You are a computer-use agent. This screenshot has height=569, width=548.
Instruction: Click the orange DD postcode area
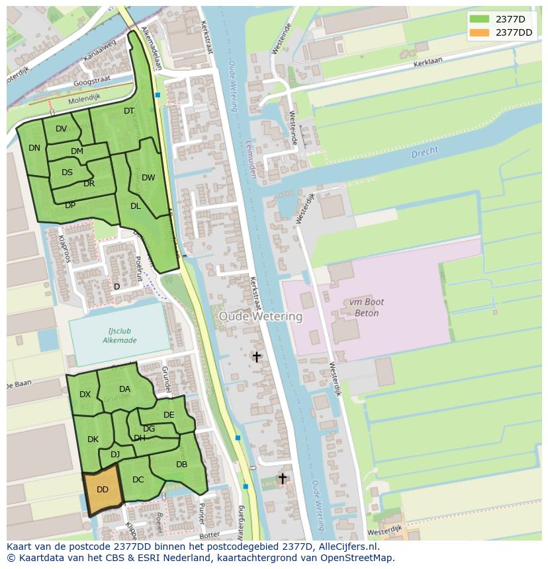tap(103, 490)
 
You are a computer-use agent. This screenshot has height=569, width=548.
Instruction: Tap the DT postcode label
tap(129, 111)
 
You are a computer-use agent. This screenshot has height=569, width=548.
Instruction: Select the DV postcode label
tap(61, 129)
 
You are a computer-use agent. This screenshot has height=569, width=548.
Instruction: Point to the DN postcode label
tap(34, 148)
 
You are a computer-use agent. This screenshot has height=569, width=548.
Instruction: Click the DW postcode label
tap(148, 178)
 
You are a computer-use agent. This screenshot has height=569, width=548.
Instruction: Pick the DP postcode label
tap(70, 206)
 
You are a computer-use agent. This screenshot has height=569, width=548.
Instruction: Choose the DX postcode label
tap(85, 395)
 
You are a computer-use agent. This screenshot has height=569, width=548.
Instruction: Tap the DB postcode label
tap(181, 465)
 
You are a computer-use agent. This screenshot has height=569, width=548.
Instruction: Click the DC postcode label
tap(138, 480)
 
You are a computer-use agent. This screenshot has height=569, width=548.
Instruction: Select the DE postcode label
tap(169, 415)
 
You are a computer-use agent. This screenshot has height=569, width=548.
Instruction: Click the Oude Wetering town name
tap(260, 317)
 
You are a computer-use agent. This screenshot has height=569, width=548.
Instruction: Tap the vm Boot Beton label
tap(363, 307)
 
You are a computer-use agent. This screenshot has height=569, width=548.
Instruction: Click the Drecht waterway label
tap(424, 153)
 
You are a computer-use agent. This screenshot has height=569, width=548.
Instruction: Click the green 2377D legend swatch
tap(479, 19)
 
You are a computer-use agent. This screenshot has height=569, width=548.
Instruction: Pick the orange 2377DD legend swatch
tap(479, 32)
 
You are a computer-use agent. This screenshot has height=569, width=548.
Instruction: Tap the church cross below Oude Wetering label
tap(256, 357)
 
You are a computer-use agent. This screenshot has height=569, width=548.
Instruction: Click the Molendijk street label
tap(84, 98)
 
